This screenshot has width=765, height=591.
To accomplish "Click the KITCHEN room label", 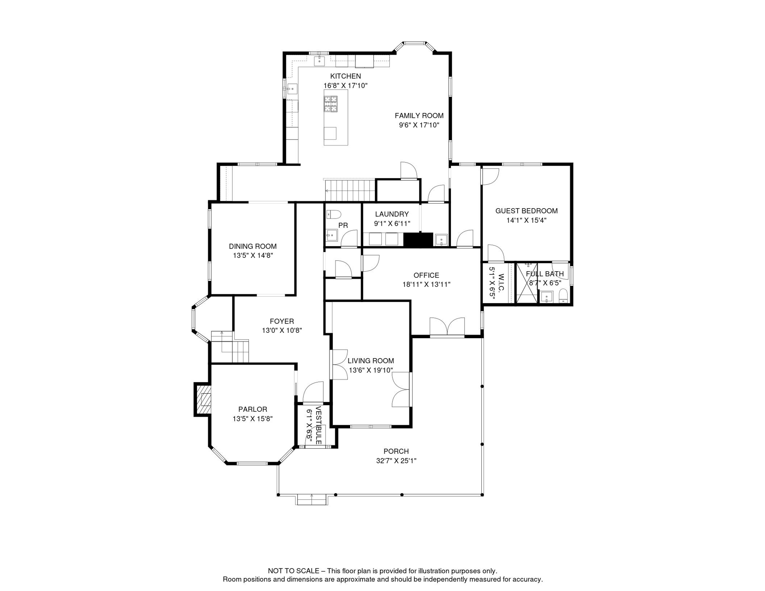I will pyautogui.click(x=345, y=76).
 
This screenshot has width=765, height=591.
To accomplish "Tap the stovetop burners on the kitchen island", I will pyautogui.click(x=330, y=104).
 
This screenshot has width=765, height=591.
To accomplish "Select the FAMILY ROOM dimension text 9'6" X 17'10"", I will pyautogui.click(x=419, y=125).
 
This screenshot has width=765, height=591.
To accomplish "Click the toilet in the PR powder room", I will pyautogui.click(x=334, y=214).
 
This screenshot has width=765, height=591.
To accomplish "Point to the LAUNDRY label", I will pyautogui.click(x=392, y=214).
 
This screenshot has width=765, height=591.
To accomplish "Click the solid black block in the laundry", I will pyautogui.click(x=418, y=240).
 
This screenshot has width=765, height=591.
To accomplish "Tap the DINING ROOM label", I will pyautogui.click(x=252, y=246).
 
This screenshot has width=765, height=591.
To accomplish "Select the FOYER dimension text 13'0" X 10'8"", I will pyautogui.click(x=282, y=331).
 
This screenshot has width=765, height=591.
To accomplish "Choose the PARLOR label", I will pyautogui.click(x=252, y=409).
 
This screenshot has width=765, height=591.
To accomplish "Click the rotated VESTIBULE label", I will pyautogui.click(x=318, y=425).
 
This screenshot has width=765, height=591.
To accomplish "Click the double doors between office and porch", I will pyautogui.click(x=447, y=327).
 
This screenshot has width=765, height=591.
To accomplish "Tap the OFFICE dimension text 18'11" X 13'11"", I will pyautogui.click(x=426, y=285).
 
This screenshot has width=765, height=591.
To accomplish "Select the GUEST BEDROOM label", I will pyautogui.click(x=526, y=211).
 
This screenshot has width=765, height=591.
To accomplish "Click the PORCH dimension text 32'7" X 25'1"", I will pyautogui.click(x=396, y=461).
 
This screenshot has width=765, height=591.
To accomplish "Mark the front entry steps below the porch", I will pyautogui.click(x=312, y=500).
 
